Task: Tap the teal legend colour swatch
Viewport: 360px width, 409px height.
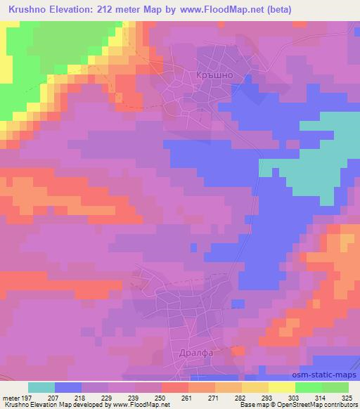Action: (x=41, y=387)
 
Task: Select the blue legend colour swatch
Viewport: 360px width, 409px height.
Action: (x=68, y=387)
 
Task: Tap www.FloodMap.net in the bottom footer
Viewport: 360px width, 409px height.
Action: (x=140, y=405)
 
